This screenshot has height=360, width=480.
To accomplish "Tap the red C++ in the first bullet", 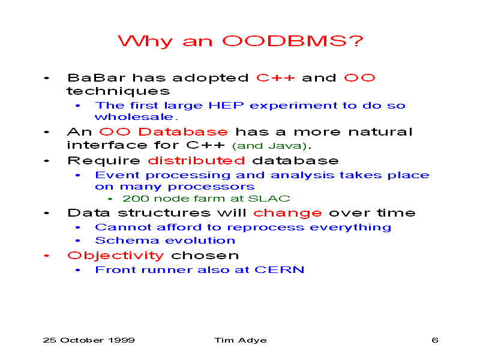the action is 275,78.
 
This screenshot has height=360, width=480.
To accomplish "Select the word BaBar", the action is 97,78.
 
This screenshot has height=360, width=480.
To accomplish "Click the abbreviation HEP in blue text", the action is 226,106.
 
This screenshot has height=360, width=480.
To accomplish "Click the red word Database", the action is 183,132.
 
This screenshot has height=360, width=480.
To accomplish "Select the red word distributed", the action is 196,160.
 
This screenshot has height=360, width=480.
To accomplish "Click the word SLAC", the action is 269,199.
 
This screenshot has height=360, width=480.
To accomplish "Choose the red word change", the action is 287,213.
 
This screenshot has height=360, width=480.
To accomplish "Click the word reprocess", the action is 266,228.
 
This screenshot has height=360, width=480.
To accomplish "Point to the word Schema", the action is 127,241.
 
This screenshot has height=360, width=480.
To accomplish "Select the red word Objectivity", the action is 116,256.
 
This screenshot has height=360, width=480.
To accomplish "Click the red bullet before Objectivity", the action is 47,256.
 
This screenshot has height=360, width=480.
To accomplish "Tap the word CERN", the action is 279,269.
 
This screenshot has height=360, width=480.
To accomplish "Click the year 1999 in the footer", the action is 122,340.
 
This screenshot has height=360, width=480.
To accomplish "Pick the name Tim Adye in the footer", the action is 241,340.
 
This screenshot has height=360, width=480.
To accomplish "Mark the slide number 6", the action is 434,340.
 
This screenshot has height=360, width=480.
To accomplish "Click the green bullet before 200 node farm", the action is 110,199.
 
